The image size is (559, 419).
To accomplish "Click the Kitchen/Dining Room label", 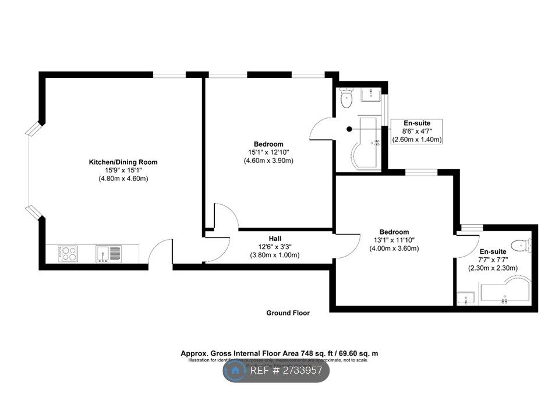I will [123, 162].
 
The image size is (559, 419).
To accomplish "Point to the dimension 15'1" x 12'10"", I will [268, 152].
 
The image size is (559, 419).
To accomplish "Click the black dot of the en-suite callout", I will [349, 129].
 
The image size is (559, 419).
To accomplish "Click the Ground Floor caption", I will [288, 313].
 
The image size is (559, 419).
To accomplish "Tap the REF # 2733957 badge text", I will [286, 370].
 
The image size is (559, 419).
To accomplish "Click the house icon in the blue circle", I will [236, 370].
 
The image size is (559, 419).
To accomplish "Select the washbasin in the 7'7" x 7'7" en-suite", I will [466, 298].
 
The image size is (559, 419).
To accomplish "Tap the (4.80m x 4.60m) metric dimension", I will [123, 179].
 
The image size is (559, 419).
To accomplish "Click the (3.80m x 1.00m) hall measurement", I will [275, 255].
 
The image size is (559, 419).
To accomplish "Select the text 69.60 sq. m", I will [357, 353].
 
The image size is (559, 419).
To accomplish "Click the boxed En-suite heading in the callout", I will [417, 123].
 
